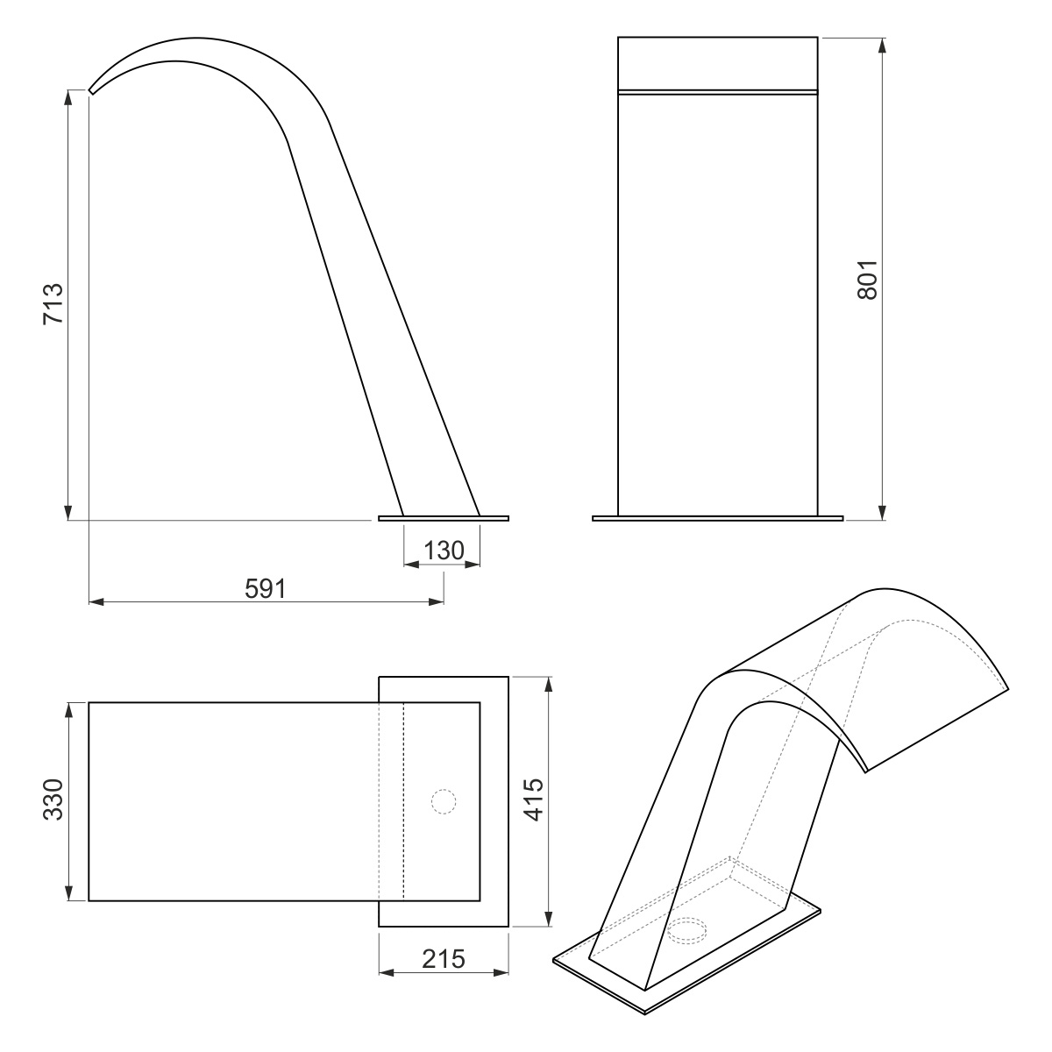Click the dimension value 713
(x=53, y=304)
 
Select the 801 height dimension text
(x=868, y=280)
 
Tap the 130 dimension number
(x=444, y=551)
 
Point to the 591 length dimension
(x=266, y=588)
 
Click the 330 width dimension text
(x=53, y=800)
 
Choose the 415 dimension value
(x=533, y=800)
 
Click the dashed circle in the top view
(x=444, y=802)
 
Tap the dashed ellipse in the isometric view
(x=687, y=930)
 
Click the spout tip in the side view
(x=91, y=92)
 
